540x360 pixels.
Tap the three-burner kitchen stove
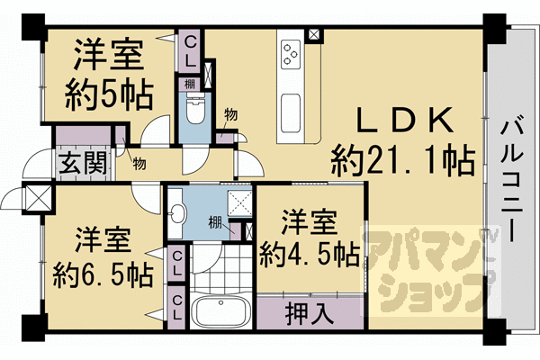pyautogui.click(x=291, y=54)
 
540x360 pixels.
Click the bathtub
pyautogui.click(x=220, y=311)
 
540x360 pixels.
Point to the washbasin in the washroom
pyautogui.click(x=177, y=214)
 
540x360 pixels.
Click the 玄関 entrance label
pyautogui.click(x=83, y=163)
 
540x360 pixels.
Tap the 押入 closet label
pyautogui.click(x=310, y=313)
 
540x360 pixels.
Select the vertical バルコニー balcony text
pyautogui.click(x=511, y=181)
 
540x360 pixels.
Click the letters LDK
pyautogui.click(x=405, y=121)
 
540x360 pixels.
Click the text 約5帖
pyautogui.click(x=109, y=95)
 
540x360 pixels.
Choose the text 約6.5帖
pyautogui.click(x=103, y=275)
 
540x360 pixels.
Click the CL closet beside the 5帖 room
pyautogui.click(x=190, y=51)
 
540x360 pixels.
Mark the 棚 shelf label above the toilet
pyautogui.click(x=189, y=84)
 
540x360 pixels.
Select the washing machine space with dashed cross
pyautogui.click(x=239, y=203)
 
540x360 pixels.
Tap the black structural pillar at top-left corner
pyautogui.click(x=33, y=27)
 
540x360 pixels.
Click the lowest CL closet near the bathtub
pyautogui.click(x=177, y=307)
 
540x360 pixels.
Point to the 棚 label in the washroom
pyautogui.click(x=215, y=223)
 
